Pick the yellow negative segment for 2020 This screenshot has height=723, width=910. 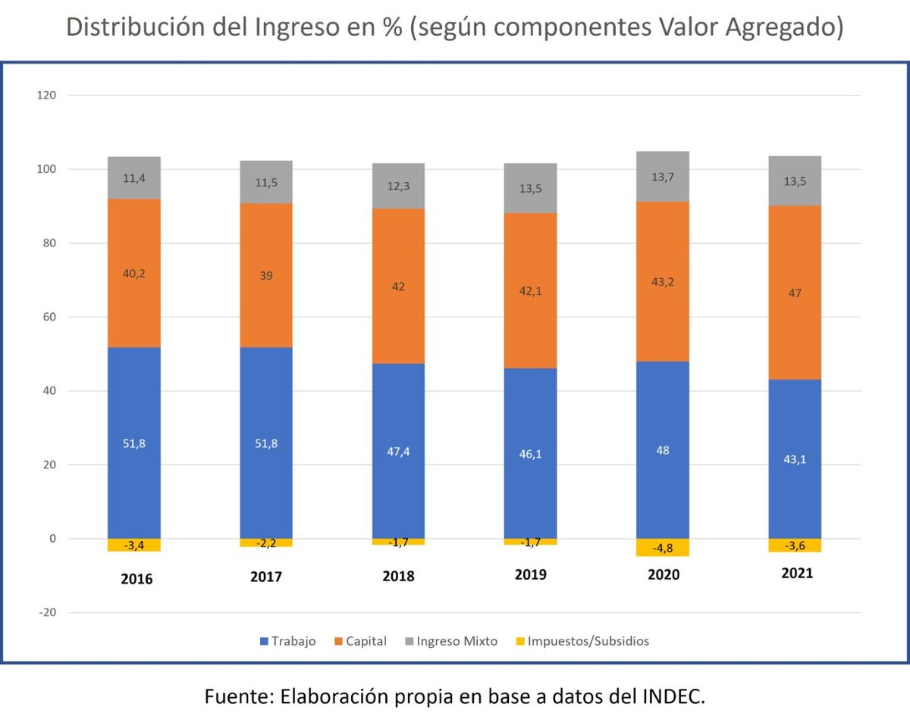[x=663, y=547]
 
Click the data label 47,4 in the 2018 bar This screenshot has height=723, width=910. [x=398, y=452]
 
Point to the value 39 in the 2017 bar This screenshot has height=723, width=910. [x=266, y=276]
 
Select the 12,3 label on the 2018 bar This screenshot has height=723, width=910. [x=398, y=186]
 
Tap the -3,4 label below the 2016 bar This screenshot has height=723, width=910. [x=133, y=545]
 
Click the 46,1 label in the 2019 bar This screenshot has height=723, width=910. [x=530, y=454]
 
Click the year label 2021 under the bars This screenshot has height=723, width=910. [x=796, y=573]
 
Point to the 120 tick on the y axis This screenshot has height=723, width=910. [x=47, y=95]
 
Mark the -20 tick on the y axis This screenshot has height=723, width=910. [x=47, y=612]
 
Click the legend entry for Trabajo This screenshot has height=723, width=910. [x=288, y=641]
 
